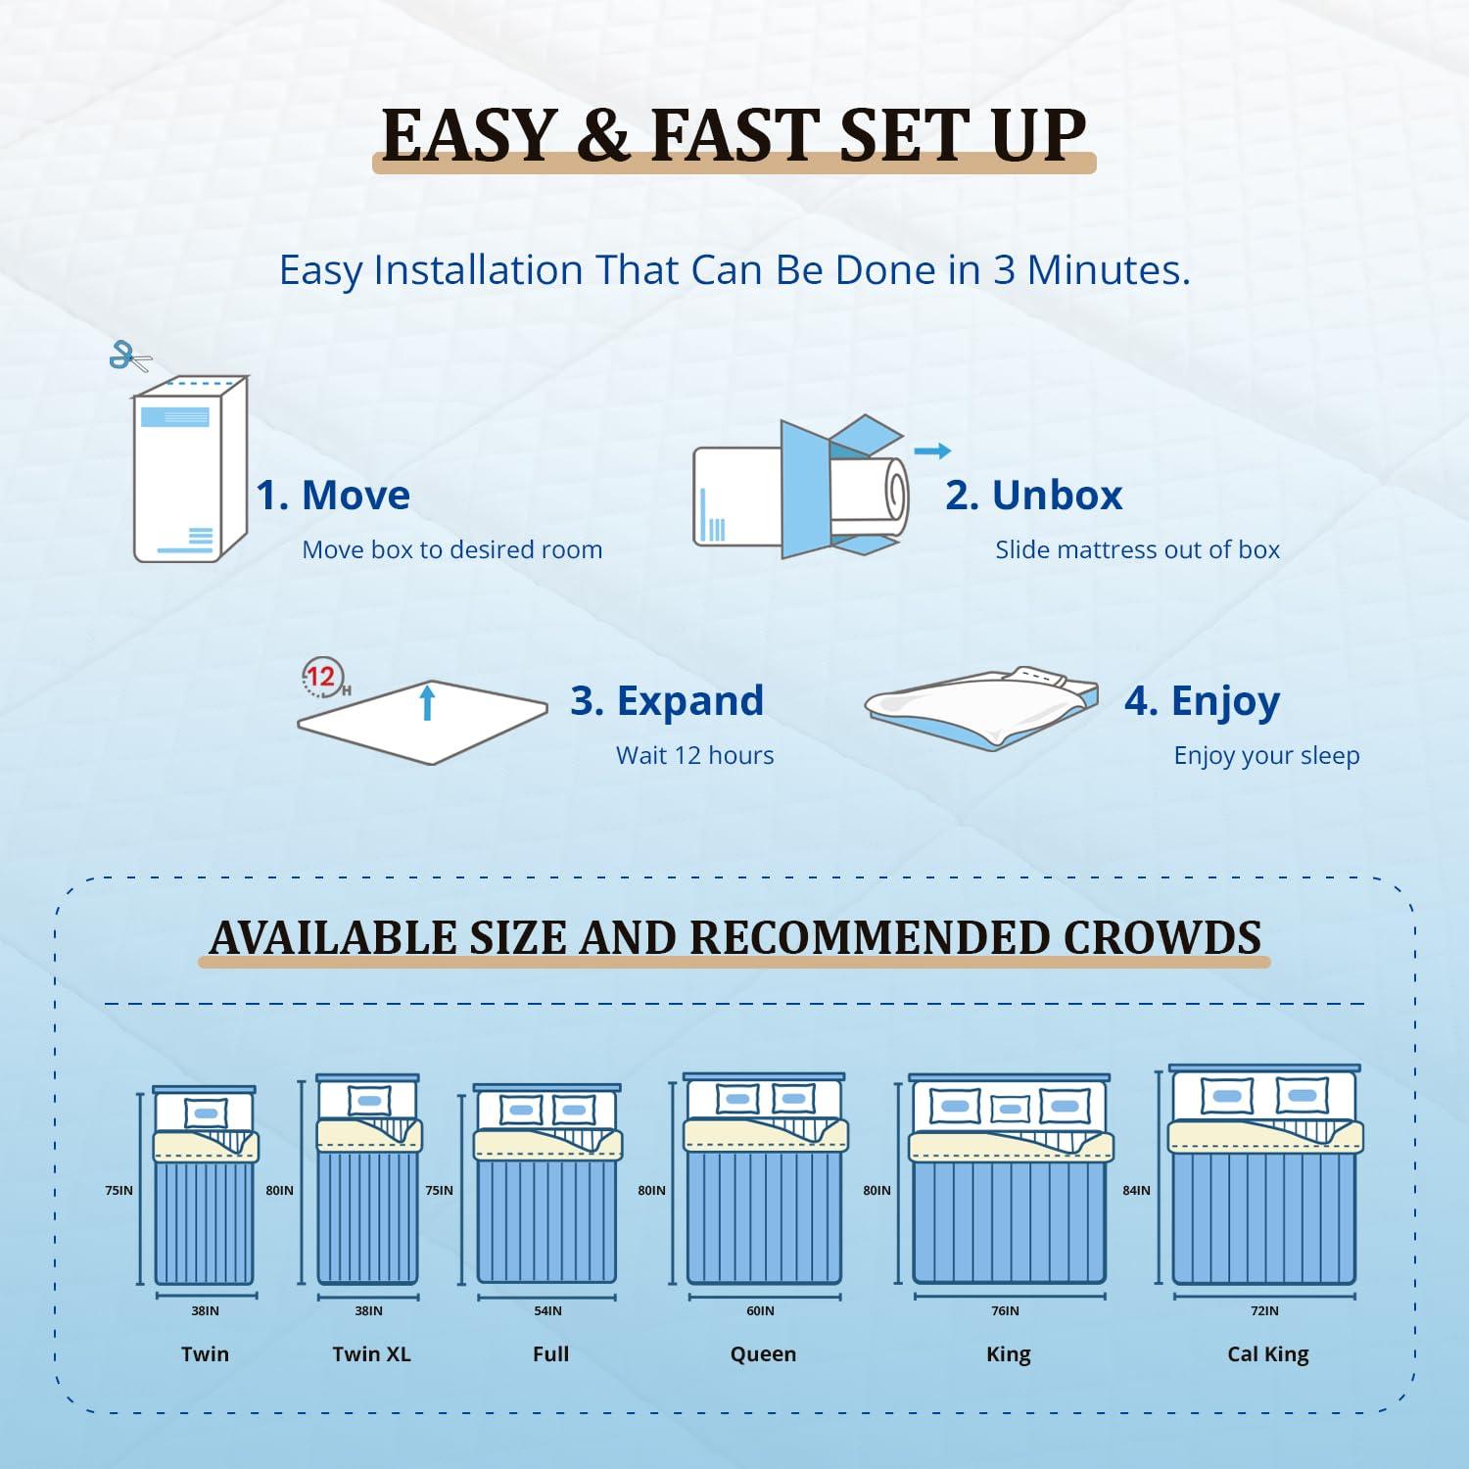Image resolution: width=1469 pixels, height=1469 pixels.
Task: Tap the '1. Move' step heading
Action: coord(333,496)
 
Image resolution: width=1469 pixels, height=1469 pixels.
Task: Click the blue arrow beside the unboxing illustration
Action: coord(931,450)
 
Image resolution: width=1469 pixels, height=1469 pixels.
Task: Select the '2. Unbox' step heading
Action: coord(1033,496)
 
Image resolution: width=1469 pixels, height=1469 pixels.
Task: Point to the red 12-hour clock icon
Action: coord(321,678)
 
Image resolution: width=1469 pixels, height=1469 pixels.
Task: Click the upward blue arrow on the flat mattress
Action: coord(427,702)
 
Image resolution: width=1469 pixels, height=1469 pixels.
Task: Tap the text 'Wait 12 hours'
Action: coord(694,755)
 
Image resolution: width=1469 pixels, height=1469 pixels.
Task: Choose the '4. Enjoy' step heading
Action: coord(1202,701)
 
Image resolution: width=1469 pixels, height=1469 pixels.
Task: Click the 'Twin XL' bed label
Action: coord(371,1354)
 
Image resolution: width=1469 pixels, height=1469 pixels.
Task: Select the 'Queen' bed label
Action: coord(763,1354)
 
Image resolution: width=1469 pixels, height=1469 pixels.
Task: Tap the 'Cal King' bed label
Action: coord(1267,1354)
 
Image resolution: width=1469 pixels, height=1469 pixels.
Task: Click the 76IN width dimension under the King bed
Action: coord(1005,1311)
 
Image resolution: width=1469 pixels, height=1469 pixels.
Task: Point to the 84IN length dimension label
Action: coord(1136,1191)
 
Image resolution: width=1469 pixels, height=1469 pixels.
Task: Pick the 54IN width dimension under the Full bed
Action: coord(547,1311)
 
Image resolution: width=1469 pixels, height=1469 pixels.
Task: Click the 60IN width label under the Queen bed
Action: coord(760,1311)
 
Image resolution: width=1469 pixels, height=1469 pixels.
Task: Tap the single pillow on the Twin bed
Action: coord(206,1114)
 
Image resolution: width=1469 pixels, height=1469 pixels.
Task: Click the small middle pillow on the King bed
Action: coord(1010,1110)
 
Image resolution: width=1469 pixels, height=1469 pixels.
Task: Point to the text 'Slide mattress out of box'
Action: coord(1137,550)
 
